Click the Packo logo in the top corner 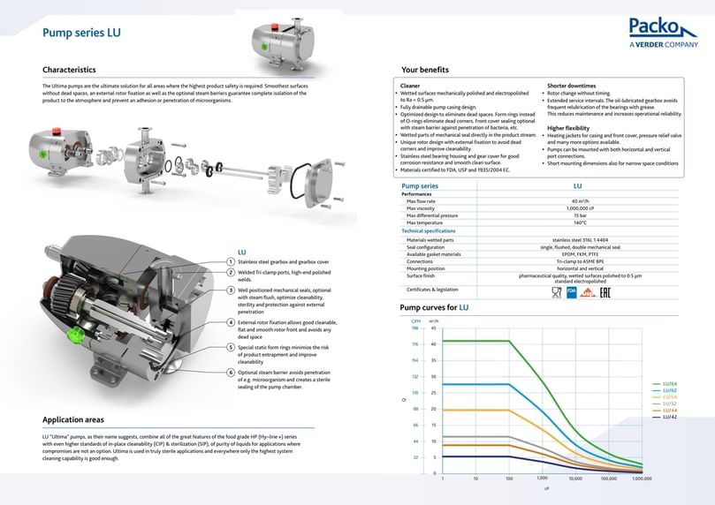point(663,31)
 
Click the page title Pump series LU point(81,34)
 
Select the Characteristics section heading point(69,69)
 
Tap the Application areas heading point(73,419)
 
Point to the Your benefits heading point(424,69)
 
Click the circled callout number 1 point(231,262)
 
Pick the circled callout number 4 point(231,323)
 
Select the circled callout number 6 point(231,373)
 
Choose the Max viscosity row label point(425,208)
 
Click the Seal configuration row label point(431,246)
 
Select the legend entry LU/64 point(669,383)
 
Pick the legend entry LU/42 point(669,417)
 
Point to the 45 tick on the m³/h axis point(433,328)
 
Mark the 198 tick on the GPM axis point(415,328)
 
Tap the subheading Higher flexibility point(568,128)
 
